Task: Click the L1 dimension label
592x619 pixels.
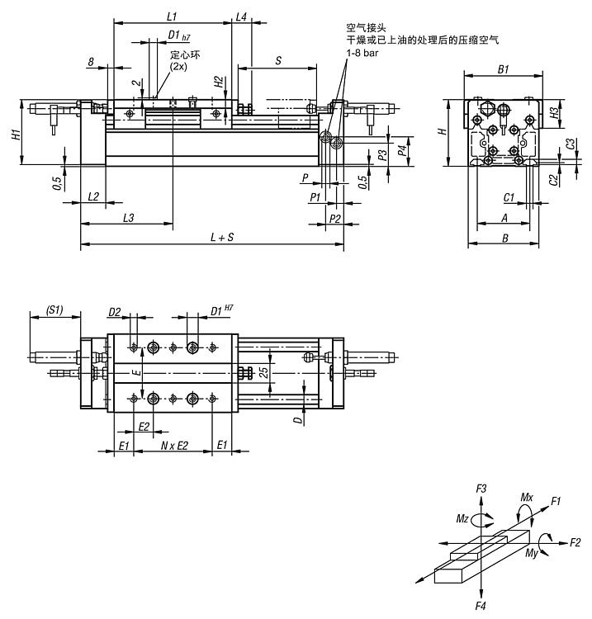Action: [x=172, y=17]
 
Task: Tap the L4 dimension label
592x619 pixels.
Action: [x=241, y=17]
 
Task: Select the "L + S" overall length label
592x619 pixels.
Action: [x=222, y=237]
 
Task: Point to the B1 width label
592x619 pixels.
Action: [x=503, y=69]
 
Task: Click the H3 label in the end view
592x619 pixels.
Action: [x=556, y=113]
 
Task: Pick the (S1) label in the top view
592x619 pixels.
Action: [x=54, y=309]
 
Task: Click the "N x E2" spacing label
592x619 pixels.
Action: [x=174, y=446]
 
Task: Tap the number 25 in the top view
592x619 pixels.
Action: [x=264, y=372]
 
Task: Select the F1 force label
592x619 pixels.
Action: [x=556, y=501]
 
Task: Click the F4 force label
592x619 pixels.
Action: [x=481, y=606]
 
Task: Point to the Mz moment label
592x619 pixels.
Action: [x=462, y=518]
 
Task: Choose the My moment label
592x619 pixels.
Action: [x=532, y=553]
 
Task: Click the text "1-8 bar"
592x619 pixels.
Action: [x=362, y=53]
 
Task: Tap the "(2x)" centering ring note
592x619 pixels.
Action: [x=178, y=66]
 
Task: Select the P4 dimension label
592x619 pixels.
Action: [x=402, y=150]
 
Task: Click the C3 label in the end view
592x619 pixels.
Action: [x=571, y=144]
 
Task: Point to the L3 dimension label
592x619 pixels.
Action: [x=128, y=218]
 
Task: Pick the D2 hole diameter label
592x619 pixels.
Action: [x=115, y=312]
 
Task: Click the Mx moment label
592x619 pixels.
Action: [x=527, y=497]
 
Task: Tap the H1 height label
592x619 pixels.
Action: [x=17, y=135]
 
